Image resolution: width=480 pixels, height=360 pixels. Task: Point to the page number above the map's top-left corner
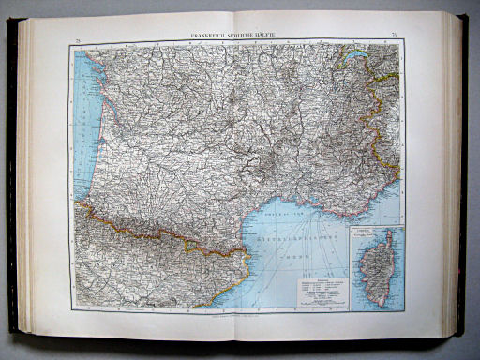tap(78, 37)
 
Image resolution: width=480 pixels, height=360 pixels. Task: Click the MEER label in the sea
tap(298, 253)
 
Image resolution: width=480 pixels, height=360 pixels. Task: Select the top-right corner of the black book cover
tap(466, 16)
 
